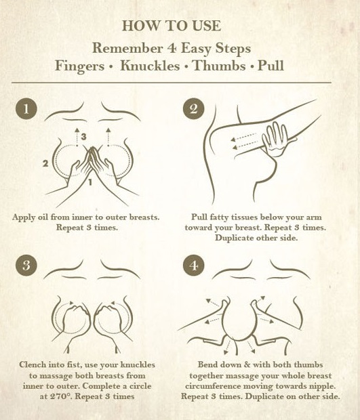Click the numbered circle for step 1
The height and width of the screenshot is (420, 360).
(26, 109)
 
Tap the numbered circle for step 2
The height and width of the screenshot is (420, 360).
(193, 109)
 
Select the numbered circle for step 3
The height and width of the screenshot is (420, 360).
(26, 266)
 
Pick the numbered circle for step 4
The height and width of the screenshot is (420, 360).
(193, 266)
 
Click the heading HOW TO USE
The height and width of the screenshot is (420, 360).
(172, 26)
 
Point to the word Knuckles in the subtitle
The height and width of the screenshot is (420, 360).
(150, 66)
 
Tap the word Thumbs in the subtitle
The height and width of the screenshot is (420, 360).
(219, 66)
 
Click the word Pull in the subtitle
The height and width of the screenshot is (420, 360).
(271, 66)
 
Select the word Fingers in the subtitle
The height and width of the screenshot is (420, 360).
(79, 66)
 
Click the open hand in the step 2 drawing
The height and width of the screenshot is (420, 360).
(275, 140)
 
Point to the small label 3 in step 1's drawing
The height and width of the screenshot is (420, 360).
(83, 137)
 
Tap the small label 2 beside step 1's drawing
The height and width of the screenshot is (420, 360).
(45, 163)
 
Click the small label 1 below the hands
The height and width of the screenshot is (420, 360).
(90, 182)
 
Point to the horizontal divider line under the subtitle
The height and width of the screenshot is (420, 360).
(172, 83)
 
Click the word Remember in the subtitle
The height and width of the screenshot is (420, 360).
(127, 48)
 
